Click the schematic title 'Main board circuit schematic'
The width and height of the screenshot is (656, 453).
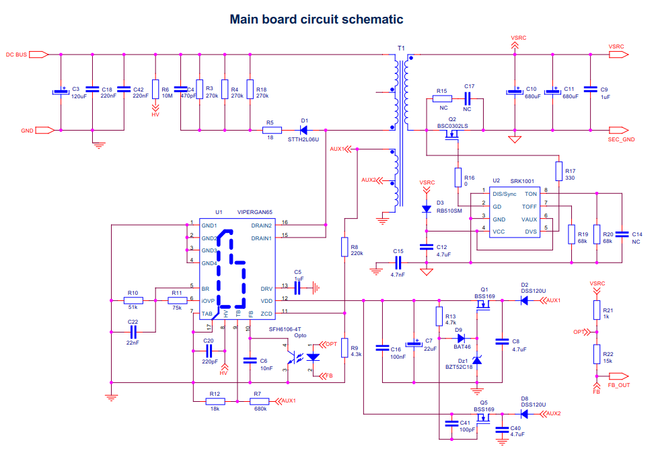point(316,20)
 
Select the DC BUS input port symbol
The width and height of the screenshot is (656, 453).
point(39,55)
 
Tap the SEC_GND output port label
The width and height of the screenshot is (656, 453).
point(621,139)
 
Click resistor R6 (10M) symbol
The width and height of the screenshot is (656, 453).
point(155,89)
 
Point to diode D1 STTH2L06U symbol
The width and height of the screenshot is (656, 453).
point(303,130)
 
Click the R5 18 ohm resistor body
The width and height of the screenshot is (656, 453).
point(272,130)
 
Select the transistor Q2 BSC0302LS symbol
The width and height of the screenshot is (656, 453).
point(452,135)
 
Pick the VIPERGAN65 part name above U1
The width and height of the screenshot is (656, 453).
point(254,212)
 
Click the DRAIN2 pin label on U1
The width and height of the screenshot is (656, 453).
point(262,225)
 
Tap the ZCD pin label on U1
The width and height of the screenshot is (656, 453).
point(266,314)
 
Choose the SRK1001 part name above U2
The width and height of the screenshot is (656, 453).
point(521,181)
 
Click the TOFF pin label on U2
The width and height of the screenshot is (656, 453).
point(529,207)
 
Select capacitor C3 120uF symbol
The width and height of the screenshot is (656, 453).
point(61,92)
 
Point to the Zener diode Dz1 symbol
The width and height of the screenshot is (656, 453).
point(477,360)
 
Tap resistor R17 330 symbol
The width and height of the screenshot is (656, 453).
point(558,171)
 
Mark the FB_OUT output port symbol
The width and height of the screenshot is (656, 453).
point(619,376)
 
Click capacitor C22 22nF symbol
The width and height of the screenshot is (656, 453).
point(133,333)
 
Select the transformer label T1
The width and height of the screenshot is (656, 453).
point(401,48)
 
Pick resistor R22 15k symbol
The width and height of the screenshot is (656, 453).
point(597,354)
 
